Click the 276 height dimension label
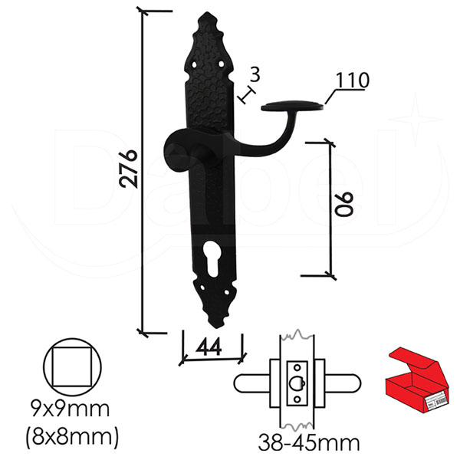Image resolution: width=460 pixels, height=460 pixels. [129, 169]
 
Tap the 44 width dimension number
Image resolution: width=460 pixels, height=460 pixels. [209, 347]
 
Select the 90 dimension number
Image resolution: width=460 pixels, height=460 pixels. [344, 205]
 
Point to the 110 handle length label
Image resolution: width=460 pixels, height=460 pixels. [353, 80]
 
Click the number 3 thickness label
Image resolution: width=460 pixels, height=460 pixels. [255, 75]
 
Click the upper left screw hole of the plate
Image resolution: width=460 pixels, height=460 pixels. [195, 64]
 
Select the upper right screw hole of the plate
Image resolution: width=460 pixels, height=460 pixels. [222, 64]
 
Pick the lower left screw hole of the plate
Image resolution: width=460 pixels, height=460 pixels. [202, 287]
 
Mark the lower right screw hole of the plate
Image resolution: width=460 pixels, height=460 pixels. [226, 293]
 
